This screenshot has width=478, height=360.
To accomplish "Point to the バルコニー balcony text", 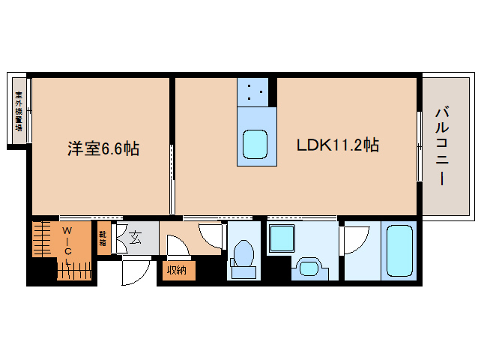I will pyautogui.click(x=441, y=147).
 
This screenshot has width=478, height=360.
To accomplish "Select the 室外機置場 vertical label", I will pyautogui.click(x=19, y=111).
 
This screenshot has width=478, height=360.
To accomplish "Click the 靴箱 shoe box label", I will pyautogui.click(x=103, y=239).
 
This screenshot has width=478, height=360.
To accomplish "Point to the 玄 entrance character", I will pyautogui.click(x=136, y=238).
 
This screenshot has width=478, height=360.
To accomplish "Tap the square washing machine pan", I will pyautogui.click(x=284, y=239).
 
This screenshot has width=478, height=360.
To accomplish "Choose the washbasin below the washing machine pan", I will pyautogui.click(x=308, y=266).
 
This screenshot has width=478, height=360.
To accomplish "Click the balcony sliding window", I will pyautogui.click(x=419, y=145).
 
